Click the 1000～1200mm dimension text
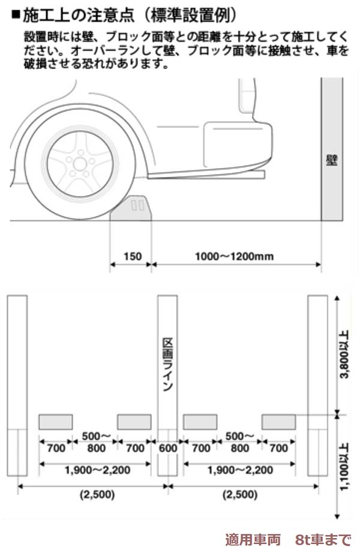235,257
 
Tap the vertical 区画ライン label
167,363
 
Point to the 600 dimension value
167,447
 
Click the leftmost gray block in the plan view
56,422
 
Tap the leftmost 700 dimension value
56,447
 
